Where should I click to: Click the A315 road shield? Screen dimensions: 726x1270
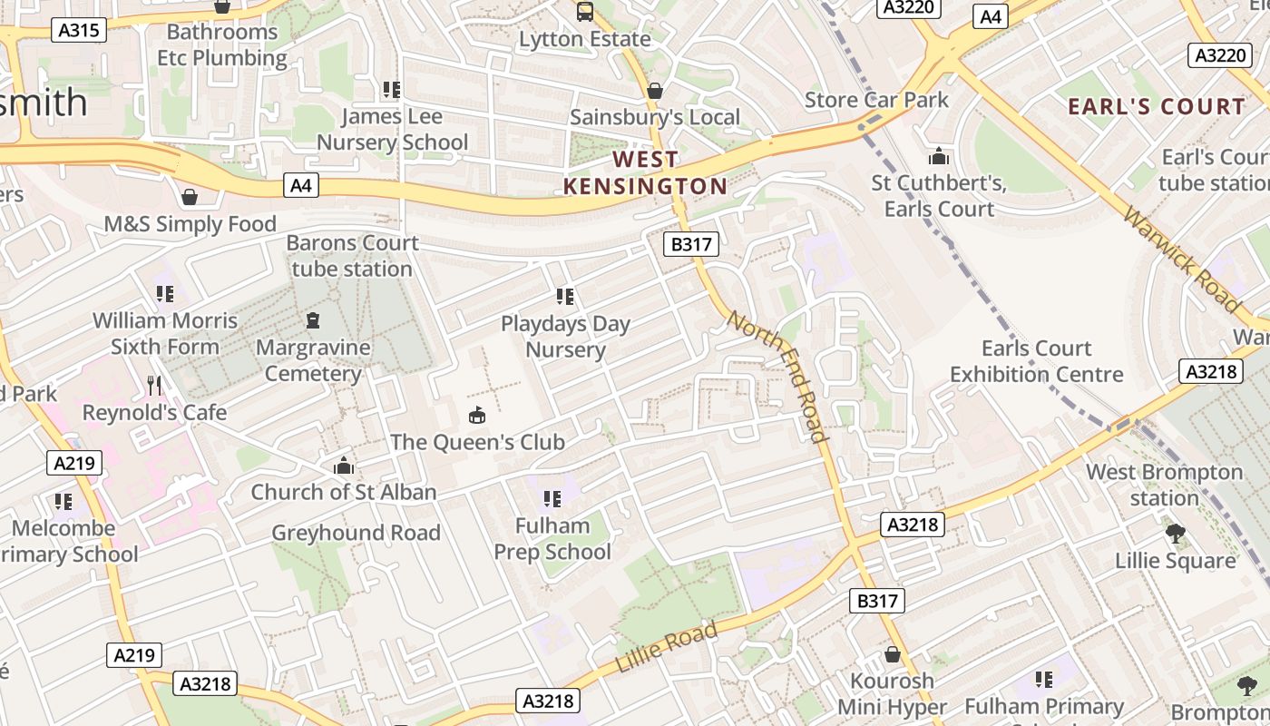[x=80, y=30]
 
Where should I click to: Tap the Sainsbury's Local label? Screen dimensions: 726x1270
[x=654, y=117]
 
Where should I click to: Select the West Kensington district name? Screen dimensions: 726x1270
[x=645, y=172]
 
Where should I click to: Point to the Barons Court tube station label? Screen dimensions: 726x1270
[x=352, y=256]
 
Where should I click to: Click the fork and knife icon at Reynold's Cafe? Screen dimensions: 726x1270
[x=154, y=386]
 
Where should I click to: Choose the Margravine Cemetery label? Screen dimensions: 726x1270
[x=313, y=360]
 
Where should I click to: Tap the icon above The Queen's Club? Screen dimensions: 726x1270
[x=476, y=415]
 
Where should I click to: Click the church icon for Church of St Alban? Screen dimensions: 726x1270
[x=343, y=466]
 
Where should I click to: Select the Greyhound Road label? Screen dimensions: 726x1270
[x=356, y=533]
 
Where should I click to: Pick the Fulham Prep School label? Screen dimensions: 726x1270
[x=552, y=539]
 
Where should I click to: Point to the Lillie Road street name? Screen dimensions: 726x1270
[x=666, y=647]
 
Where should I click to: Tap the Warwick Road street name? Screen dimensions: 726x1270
[x=1181, y=259]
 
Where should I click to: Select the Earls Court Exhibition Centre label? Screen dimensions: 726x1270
[x=1036, y=361]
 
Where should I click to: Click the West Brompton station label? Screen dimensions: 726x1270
[x=1164, y=485]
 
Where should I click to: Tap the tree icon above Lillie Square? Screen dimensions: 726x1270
[x=1176, y=533]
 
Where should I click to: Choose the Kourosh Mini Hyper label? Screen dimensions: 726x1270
[x=892, y=693]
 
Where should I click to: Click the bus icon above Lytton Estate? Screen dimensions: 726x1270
[x=585, y=12]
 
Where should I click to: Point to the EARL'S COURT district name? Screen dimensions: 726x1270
[x=1157, y=106]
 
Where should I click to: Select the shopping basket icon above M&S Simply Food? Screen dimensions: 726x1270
[x=190, y=197]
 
